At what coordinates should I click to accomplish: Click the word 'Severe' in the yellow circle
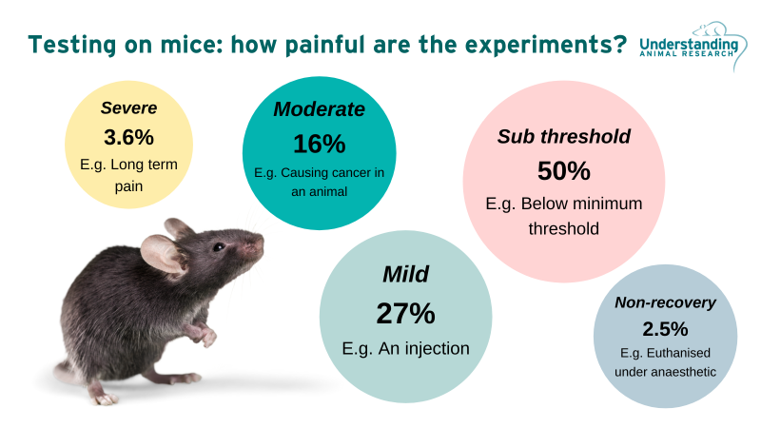pyautogui.click(x=128, y=107)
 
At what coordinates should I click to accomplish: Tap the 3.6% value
pyautogui.click(x=128, y=136)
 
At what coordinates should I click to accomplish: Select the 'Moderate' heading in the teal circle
pyautogui.click(x=319, y=109)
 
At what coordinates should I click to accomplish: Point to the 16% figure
pyautogui.click(x=319, y=144)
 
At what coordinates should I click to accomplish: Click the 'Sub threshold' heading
pyautogui.click(x=563, y=136)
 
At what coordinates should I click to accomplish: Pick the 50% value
pyautogui.click(x=563, y=171)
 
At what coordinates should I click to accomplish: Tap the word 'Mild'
pyautogui.click(x=405, y=275)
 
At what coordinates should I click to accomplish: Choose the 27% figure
pyautogui.click(x=405, y=312)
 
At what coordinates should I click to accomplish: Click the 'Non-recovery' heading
pyautogui.click(x=665, y=303)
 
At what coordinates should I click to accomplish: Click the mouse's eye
pyautogui.click(x=219, y=247)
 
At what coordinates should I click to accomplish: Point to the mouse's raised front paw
pyautogui.click(x=202, y=336)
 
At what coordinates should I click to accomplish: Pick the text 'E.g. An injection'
pyautogui.click(x=405, y=348)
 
